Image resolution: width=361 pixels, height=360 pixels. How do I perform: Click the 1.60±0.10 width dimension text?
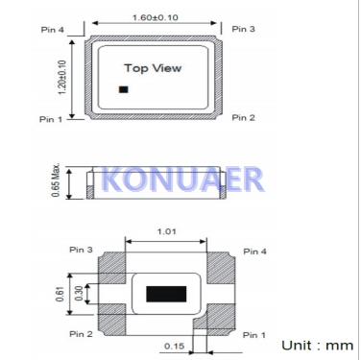[156, 17]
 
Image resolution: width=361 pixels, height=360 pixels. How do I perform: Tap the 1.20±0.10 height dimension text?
[62, 77]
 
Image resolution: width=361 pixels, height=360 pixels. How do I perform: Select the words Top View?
[153, 68]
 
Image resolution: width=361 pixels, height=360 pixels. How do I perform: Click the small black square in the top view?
[124, 89]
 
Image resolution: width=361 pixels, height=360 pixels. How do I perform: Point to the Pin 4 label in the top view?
[53, 30]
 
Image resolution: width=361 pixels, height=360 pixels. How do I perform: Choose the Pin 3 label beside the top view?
[243, 29]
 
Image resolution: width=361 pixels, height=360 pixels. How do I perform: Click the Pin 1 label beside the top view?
[51, 119]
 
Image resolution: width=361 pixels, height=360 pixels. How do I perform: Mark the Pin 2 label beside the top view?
[243, 118]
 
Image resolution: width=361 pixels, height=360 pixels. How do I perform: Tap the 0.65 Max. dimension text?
[56, 180]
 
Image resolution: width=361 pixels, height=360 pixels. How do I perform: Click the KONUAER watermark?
[182, 180]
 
